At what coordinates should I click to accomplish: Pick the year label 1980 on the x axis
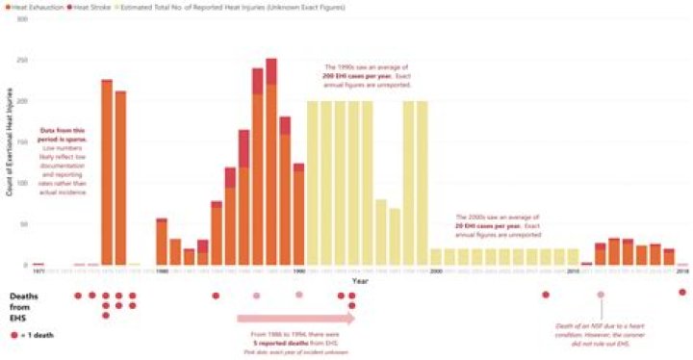pyautogui.click(x=161, y=271)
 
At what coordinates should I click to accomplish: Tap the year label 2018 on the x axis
pyautogui.click(x=682, y=271)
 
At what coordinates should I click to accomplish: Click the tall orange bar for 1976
pyautogui.click(x=106, y=173)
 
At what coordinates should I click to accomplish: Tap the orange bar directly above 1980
pyautogui.click(x=162, y=243)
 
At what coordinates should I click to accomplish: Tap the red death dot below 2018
pyautogui.click(x=682, y=293)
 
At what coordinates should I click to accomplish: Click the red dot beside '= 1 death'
pyautogui.click(x=13, y=334)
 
